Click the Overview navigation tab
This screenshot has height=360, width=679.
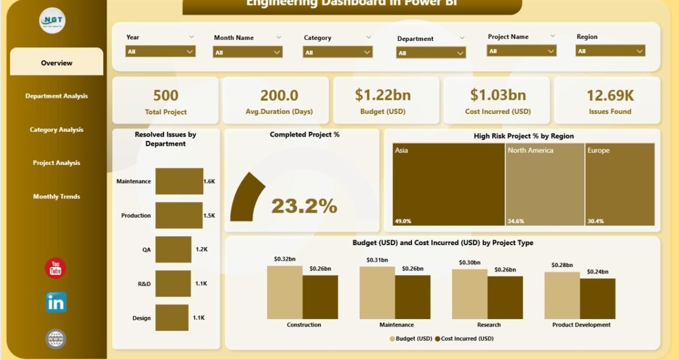tap(57, 63)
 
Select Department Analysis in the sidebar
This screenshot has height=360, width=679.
tap(57, 96)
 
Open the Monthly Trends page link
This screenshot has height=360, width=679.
tap(57, 197)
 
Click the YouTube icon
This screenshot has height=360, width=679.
tap(56, 269)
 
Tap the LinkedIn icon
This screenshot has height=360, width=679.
tap(56, 303)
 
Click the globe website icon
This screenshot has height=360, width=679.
tap(56, 339)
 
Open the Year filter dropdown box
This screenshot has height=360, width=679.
tap(160, 51)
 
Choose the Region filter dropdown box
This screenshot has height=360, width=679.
tap(610, 51)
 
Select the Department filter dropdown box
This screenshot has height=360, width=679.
tap(430, 53)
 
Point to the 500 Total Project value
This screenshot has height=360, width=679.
tap(166, 95)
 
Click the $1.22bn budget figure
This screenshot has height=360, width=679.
tap(387, 95)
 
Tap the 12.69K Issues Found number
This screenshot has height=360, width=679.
tap(610, 95)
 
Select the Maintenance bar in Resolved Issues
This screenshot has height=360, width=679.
tap(179, 181)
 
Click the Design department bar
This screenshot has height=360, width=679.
tap(172, 318)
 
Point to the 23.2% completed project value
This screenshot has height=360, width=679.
tap(304, 206)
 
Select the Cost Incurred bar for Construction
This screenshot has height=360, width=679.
tap(320, 297)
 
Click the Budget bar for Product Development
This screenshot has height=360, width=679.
tap(562, 295)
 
